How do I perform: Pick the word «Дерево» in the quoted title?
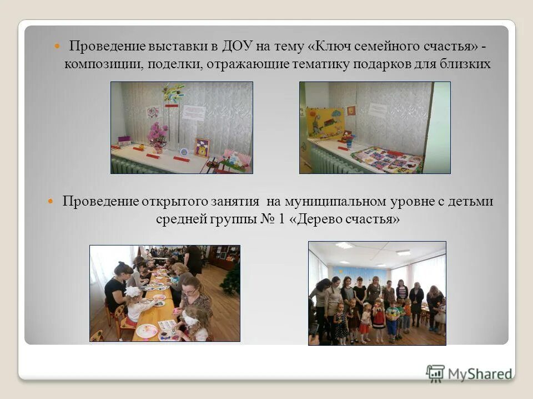pos(327,219)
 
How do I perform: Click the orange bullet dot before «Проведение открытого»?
pos(50,201)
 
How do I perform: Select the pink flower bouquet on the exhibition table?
pos(158,134)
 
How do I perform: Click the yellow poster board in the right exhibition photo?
pos(325,122)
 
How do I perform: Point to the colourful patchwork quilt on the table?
pos(388,158)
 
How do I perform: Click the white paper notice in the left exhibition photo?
pos(194,112)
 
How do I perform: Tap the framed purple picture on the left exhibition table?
pos(202,147)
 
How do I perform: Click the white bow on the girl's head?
pos(133,291)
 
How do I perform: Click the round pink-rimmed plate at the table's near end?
pos(147,331)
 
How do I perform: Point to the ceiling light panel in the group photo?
pos(344,245)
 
